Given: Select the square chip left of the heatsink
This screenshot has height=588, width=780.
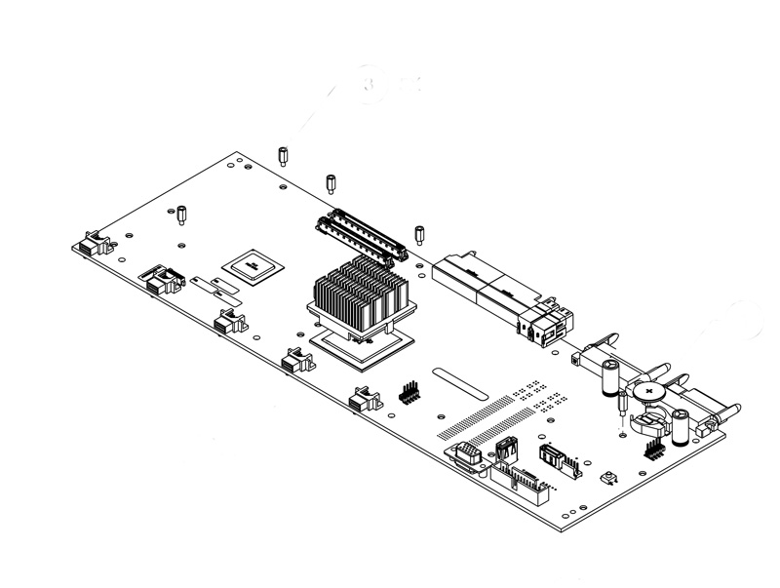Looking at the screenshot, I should pyautogui.click(x=252, y=266).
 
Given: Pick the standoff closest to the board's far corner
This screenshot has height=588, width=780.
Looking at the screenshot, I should pyautogui.click(x=282, y=154).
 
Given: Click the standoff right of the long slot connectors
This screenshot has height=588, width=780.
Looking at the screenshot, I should pyautogui.click(x=419, y=234).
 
